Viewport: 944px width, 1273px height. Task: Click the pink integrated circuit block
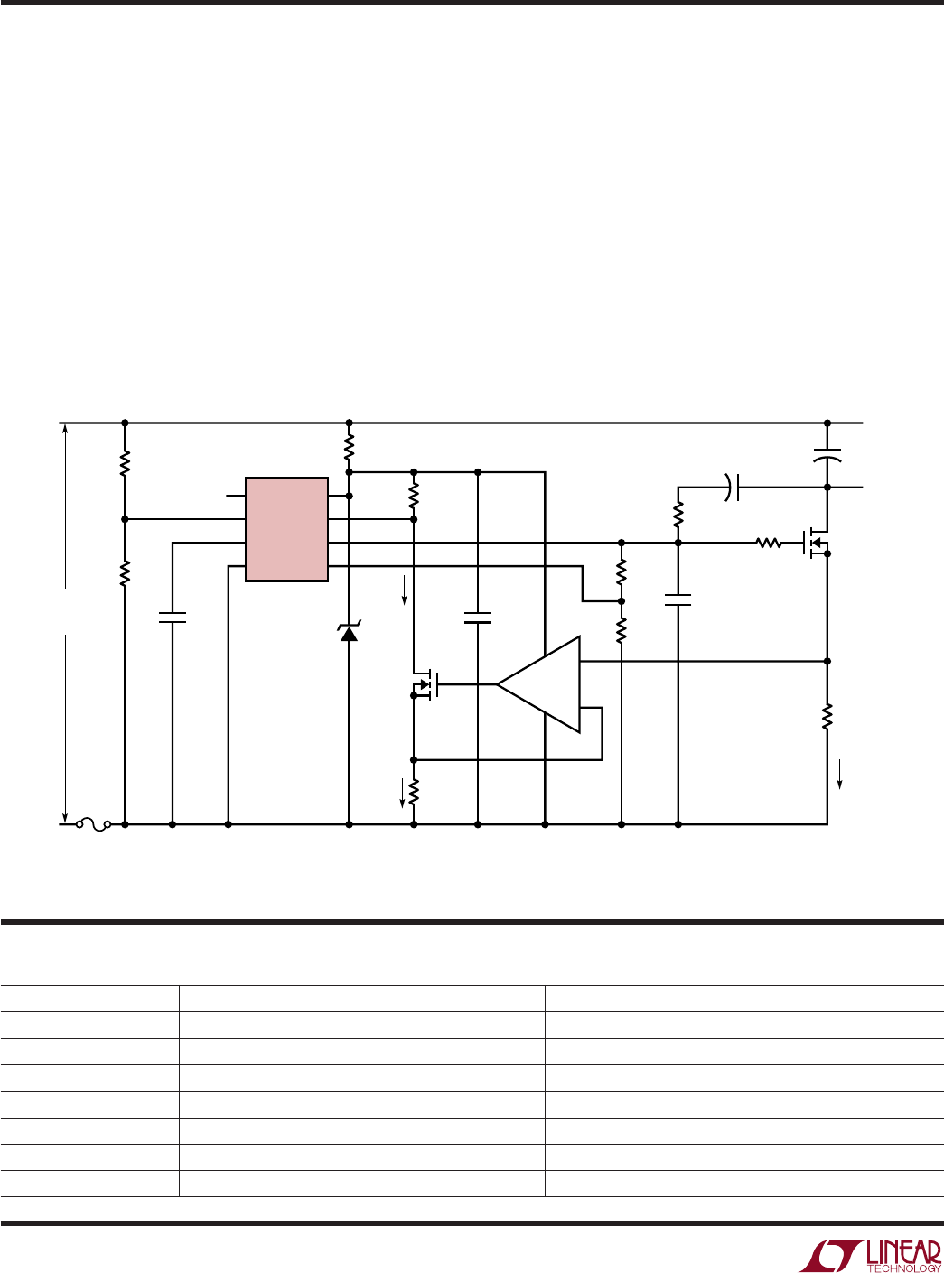pyautogui.click(x=286, y=529)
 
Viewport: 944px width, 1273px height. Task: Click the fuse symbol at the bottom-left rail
pyautogui.click(x=94, y=825)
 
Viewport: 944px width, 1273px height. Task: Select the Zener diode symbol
pyautogui.click(x=349, y=632)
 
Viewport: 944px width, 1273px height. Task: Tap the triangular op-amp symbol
pyautogui.click(x=538, y=684)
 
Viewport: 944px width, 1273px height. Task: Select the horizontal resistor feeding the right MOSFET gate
pyautogui.click(x=768, y=543)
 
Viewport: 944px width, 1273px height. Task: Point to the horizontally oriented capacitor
pyautogui.click(x=732, y=488)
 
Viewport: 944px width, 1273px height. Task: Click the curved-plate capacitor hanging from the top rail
pyautogui.click(x=827, y=455)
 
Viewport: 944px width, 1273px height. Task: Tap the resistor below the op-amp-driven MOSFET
pyautogui.click(x=414, y=792)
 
